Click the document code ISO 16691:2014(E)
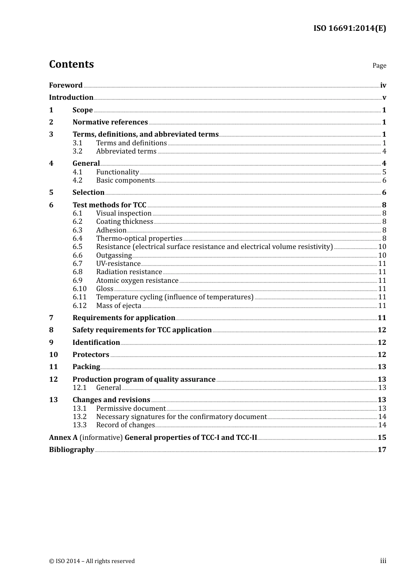(x=350, y=28)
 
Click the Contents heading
(x=71, y=64)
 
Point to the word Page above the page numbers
(x=379, y=66)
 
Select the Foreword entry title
(x=65, y=85)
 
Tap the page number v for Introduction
(x=384, y=98)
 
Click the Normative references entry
(x=110, y=122)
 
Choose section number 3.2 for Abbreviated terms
(x=78, y=151)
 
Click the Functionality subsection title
(x=118, y=172)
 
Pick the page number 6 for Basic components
(x=384, y=180)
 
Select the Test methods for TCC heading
(x=109, y=205)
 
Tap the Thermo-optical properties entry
(x=139, y=239)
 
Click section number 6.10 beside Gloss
(x=80, y=289)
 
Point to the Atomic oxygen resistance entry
(x=137, y=281)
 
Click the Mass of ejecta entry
(x=119, y=306)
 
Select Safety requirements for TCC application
(x=142, y=330)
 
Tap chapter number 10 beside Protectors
(x=53, y=355)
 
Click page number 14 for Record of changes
(x=382, y=425)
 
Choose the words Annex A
(x=63, y=438)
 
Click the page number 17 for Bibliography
(x=382, y=450)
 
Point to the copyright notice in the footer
(x=92, y=561)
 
